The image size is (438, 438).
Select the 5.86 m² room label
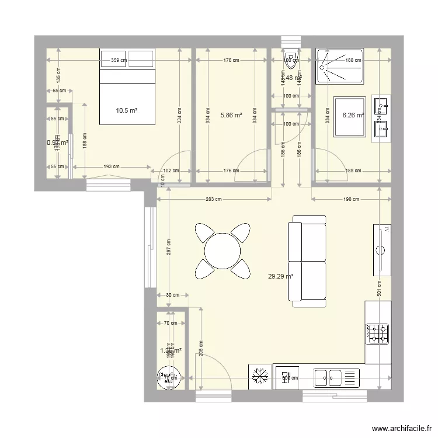pyautogui.click(x=231, y=116)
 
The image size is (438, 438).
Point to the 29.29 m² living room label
pyautogui.click(x=280, y=278)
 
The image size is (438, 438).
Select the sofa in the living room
pyautogui.click(x=308, y=261)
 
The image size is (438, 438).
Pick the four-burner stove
pyautogui.click(x=377, y=334)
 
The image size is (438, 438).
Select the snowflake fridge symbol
pyautogui.click(x=259, y=377)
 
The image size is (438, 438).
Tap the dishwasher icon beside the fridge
pyautogui.click(x=286, y=377)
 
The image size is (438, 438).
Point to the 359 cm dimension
pyautogui.click(x=119, y=60)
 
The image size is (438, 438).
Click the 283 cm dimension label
pyautogui.click(x=214, y=200)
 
